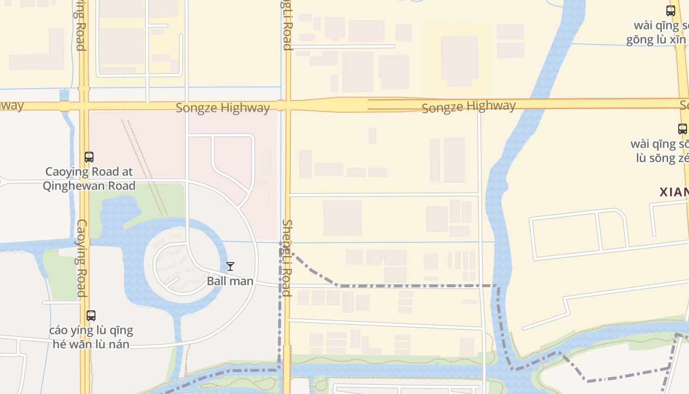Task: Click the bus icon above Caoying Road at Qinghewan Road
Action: [x=89, y=157]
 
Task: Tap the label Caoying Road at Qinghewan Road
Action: [x=89, y=179]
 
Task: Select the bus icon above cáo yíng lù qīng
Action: [x=91, y=316]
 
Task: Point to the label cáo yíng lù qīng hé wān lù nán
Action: [x=91, y=337]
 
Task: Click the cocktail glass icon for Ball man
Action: [x=230, y=266]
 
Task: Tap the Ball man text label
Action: [x=230, y=281]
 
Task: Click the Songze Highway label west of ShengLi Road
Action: [x=222, y=108]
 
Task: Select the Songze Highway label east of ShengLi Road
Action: [x=469, y=106]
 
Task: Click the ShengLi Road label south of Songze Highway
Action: [x=287, y=258]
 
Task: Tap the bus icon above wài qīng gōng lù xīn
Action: [x=670, y=10]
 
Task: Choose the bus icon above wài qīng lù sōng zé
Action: [x=683, y=129]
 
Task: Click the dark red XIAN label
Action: [x=674, y=192]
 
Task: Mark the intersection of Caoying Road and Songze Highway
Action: [x=84, y=106]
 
